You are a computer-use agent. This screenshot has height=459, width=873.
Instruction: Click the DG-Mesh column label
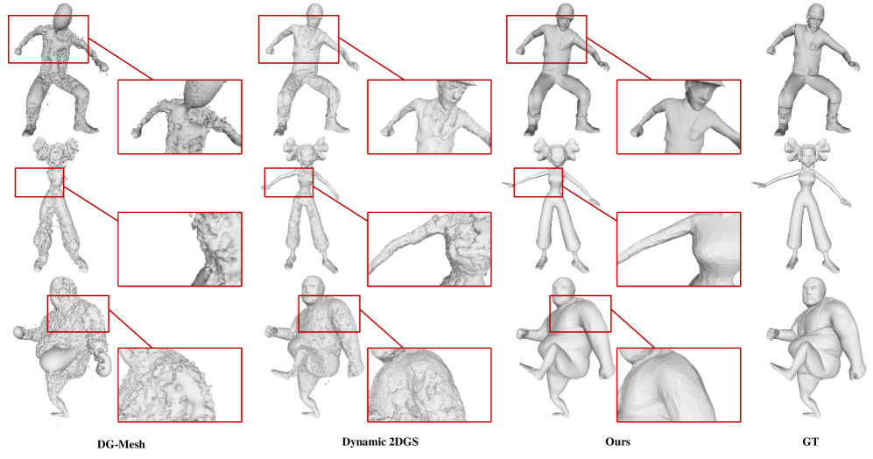coord(121,444)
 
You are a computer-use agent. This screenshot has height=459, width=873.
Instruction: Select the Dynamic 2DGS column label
coord(380,441)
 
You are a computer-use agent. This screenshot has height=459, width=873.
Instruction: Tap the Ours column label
coord(617,441)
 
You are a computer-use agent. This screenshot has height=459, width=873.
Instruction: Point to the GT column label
coord(810,441)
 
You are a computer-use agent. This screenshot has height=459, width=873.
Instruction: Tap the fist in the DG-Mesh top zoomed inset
coord(134,133)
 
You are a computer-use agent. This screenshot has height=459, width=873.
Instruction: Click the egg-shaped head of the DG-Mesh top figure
coord(66,14)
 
